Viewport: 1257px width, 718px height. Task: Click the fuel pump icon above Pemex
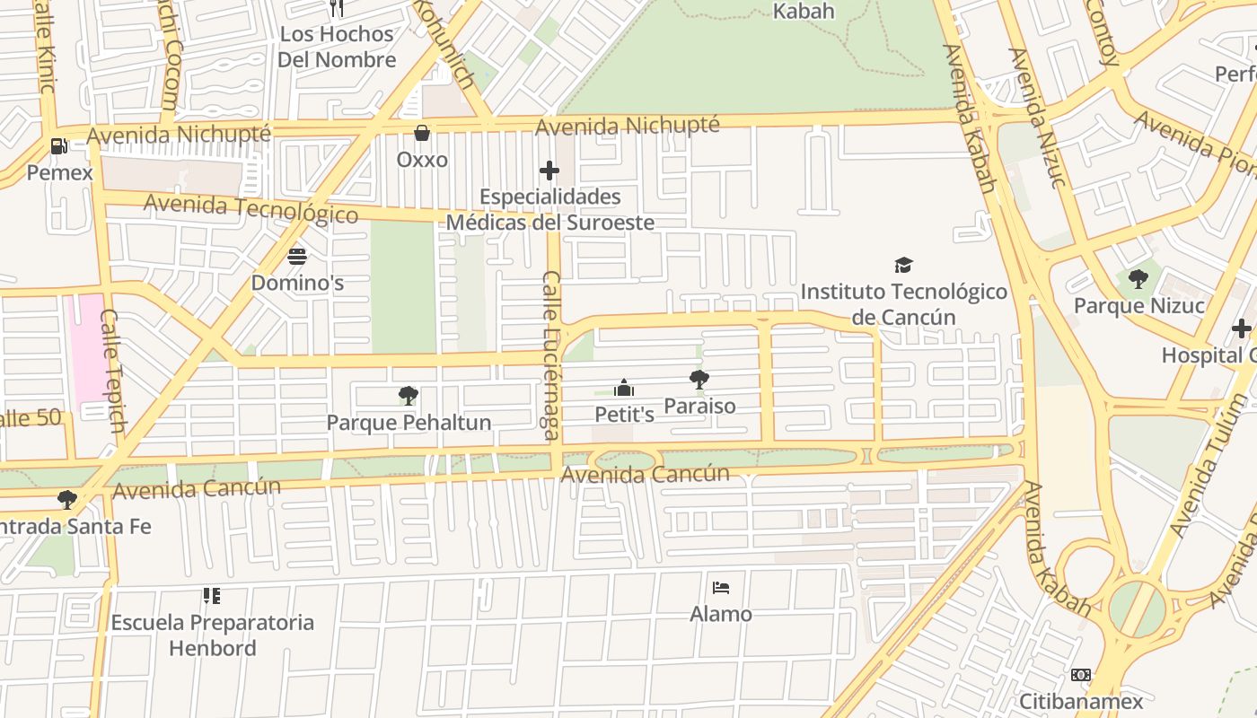[x=59, y=144]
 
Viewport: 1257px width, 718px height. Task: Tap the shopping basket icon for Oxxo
[x=422, y=133]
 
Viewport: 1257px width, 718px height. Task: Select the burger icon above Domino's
[x=297, y=257]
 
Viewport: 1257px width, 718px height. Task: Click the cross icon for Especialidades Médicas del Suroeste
[x=549, y=171]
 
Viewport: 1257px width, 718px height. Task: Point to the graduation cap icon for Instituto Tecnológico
[x=903, y=265]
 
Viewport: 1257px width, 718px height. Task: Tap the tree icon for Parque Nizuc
[x=1138, y=279]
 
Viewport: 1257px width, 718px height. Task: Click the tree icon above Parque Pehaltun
[x=408, y=396]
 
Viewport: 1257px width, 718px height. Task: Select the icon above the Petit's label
[x=624, y=388]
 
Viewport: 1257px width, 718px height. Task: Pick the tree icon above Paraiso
[x=699, y=380]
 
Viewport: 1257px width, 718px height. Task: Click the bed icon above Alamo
[x=720, y=588]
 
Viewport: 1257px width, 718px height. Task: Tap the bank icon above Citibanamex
[x=1081, y=674]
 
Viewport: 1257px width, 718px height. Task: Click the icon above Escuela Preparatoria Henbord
[x=212, y=595]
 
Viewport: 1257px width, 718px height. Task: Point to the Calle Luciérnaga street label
[x=551, y=356]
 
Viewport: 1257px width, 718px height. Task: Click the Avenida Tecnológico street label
[x=251, y=208]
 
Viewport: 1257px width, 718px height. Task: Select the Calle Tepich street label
[x=112, y=371]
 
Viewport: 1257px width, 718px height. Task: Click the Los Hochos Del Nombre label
[x=337, y=47]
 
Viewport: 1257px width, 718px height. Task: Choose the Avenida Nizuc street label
[x=1037, y=117]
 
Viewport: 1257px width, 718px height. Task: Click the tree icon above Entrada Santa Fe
[x=67, y=499]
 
